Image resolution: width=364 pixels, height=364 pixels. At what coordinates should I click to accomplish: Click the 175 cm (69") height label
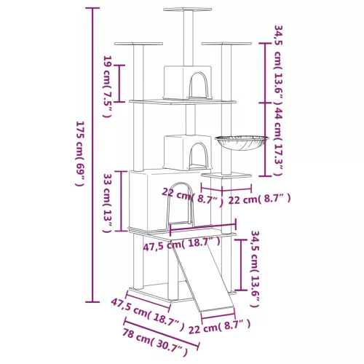[80, 154]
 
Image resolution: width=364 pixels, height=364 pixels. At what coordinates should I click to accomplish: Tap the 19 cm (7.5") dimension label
[108, 87]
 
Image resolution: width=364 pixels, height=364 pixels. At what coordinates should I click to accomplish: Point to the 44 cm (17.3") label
[278, 141]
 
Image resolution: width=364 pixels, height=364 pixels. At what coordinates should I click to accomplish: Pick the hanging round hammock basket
[242, 143]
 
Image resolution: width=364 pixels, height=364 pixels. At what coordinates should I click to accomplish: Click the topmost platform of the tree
[187, 9]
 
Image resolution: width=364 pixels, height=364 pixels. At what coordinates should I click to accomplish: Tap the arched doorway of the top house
[199, 85]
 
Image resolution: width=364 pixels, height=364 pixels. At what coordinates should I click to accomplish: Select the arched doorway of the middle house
[199, 155]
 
